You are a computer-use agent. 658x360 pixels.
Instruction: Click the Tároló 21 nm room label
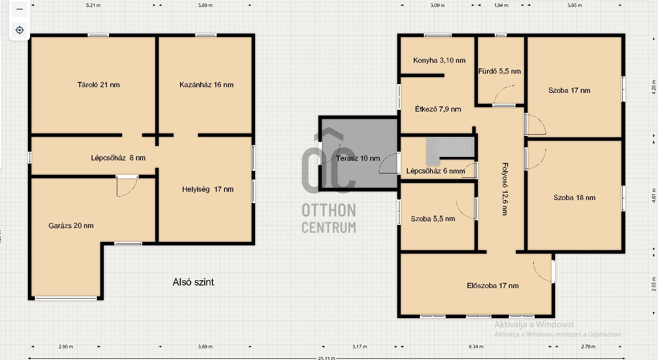[x=99, y=85]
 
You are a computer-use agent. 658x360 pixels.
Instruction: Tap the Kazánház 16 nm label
[x=207, y=85]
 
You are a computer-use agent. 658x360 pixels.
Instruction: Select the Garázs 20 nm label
[x=71, y=225]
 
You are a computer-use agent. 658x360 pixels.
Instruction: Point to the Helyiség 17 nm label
[x=208, y=190]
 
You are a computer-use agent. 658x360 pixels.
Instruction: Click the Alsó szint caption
[x=193, y=282]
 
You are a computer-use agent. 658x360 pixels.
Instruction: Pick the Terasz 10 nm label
[x=358, y=158]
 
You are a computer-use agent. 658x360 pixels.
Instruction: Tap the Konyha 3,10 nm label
[x=439, y=61]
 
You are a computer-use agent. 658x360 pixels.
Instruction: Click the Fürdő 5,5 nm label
[x=499, y=71]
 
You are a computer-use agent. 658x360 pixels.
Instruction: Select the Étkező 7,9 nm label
[x=438, y=109]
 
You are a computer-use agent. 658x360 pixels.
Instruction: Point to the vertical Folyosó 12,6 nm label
[x=505, y=189]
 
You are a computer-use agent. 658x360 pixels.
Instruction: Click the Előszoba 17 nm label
[x=493, y=286]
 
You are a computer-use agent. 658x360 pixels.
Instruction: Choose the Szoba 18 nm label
[x=574, y=197]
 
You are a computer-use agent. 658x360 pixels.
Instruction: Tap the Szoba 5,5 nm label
[x=433, y=219]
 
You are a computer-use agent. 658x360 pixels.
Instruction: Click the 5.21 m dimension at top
[x=93, y=5]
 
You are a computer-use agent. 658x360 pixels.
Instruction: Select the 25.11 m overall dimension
[x=326, y=358]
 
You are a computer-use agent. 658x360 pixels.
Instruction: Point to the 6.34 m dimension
[x=476, y=346]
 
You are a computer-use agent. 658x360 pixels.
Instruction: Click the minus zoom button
[x=20, y=9]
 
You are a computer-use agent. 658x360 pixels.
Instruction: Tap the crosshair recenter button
[x=20, y=30]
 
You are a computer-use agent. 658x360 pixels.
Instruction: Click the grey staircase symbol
[x=450, y=150]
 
